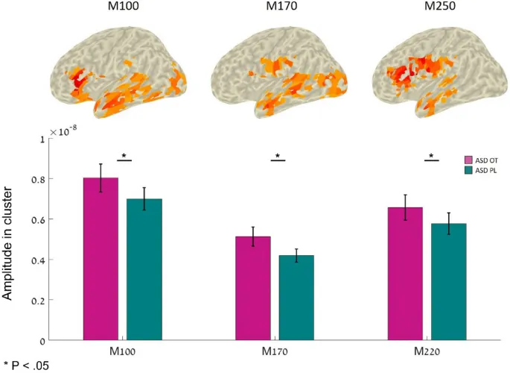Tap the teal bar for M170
click(296, 298)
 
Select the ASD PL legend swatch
click(469, 171)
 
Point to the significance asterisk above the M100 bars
click(124, 156)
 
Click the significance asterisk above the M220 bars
click(432, 156)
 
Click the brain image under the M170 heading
click(275, 75)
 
